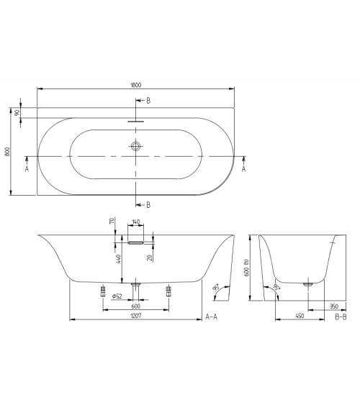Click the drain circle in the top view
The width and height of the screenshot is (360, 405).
tap(136, 146)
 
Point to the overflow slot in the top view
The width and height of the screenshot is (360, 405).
tap(136, 121)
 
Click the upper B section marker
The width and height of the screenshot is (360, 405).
tap(148, 100)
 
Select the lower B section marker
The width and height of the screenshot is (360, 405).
tap(148, 205)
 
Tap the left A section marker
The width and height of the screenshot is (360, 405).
tap(27, 168)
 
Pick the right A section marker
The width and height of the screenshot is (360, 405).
tap(244, 168)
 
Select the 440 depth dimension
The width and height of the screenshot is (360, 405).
tap(113, 259)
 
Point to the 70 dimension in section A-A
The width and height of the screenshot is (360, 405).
tap(113, 223)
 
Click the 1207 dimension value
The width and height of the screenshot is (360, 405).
tap(135, 316)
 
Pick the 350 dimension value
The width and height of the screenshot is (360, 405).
tap(333, 306)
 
